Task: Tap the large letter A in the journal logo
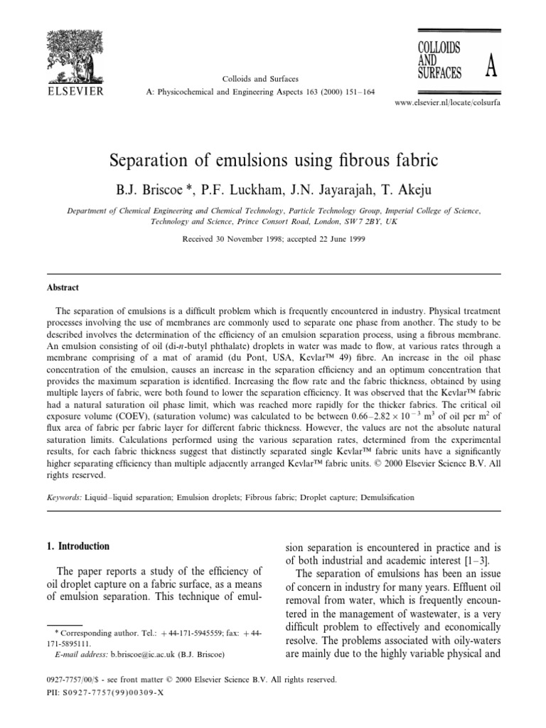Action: (490, 69)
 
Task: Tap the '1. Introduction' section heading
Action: (73, 547)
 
